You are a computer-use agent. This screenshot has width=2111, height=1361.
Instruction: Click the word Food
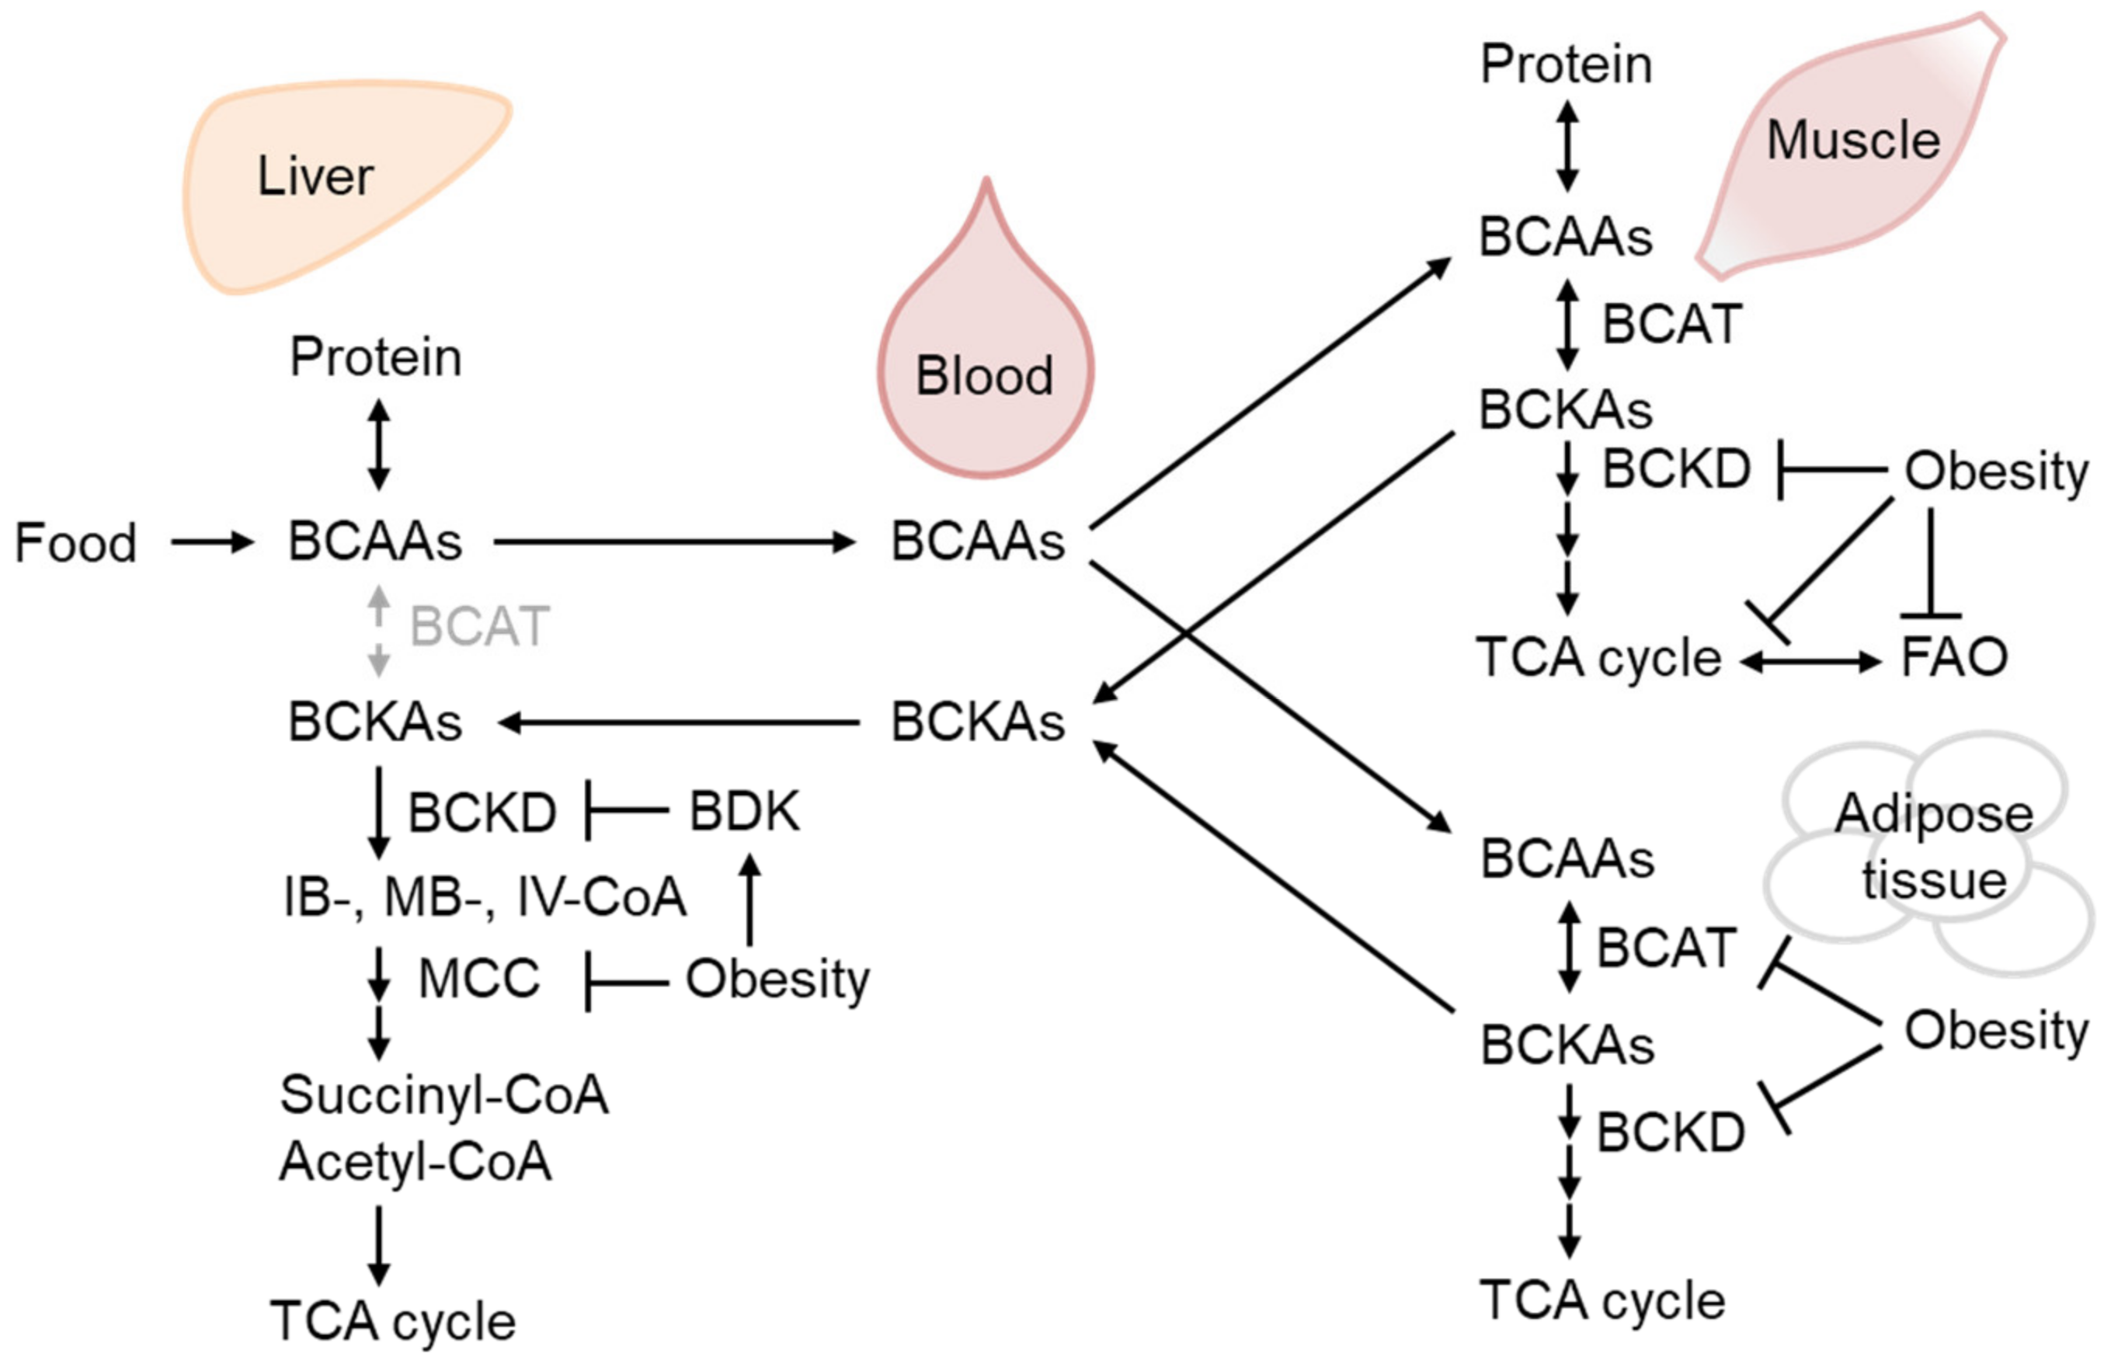76,543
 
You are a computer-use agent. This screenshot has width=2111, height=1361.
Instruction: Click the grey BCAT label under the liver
480,627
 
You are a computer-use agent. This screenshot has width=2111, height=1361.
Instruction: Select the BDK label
744,810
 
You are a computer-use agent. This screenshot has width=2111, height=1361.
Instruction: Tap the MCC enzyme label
478,980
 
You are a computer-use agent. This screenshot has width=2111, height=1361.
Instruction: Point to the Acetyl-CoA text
416,1161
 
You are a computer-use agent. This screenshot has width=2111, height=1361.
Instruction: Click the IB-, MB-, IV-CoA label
484,897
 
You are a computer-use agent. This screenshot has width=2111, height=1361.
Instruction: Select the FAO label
1953,657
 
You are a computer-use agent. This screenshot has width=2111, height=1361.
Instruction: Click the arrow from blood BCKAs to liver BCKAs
679,723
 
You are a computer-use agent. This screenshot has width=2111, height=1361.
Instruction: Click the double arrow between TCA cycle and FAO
1810,661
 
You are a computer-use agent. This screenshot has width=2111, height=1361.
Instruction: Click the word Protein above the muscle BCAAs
1566,64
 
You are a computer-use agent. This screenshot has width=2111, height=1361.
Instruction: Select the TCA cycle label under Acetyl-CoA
392,1322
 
